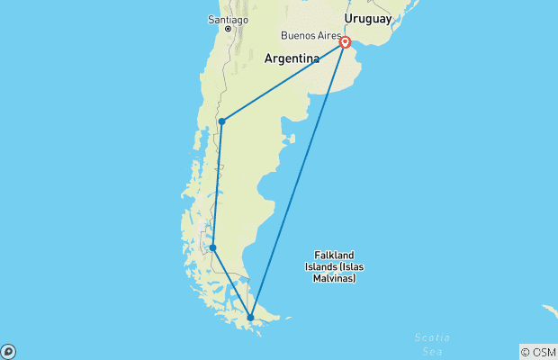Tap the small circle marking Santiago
[229, 30]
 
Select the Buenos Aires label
[310, 36]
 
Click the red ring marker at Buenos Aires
[346, 42]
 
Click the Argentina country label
[292, 58]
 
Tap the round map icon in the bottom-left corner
[8, 351]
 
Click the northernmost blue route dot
[221, 121]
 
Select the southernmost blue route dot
[250, 317]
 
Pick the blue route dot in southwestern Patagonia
[212, 247]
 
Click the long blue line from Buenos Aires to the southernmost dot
[298, 180]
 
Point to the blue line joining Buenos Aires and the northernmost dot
[283, 82]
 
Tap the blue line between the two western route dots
[217, 184]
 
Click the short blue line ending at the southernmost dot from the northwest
[231, 282]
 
